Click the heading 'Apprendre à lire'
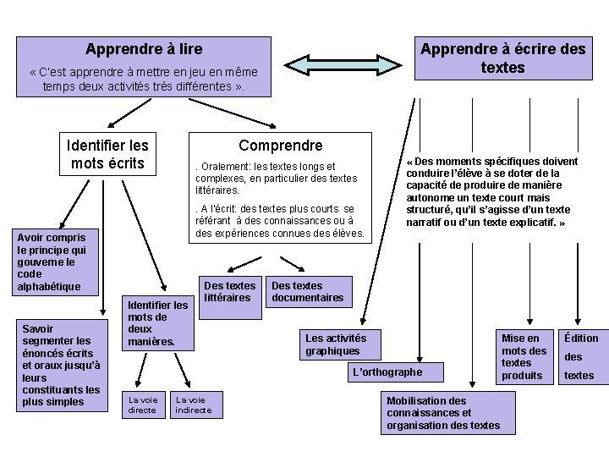[x=145, y=50]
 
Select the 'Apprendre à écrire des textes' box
[x=502, y=58]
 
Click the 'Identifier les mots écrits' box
[x=107, y=154]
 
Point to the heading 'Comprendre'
[x=280, y=146]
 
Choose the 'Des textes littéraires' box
[x=228, y=292]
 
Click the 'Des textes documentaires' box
[x=307, y=292]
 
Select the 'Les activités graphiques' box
[x=336, y=344]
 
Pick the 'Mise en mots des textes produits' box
[x=524, y=356]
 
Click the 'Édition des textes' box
[x=581, y=356]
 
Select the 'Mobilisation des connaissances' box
[x=442, y=413]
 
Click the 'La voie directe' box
[x=142, y=405]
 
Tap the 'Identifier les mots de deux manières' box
[x=157, y=323]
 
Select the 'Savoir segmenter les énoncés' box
[x=62, y=365]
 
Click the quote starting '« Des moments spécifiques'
[x=491, y=191]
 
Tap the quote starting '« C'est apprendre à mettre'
[x=144, y=80]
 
